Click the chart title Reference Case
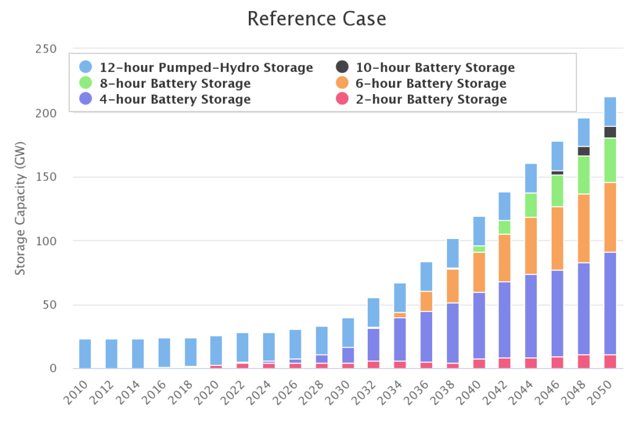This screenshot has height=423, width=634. coord(316,19)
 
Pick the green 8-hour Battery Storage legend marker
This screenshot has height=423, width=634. coord(86,83)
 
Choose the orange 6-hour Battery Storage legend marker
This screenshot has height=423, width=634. coord(342,83)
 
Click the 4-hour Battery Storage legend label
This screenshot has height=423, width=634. coord(175,99)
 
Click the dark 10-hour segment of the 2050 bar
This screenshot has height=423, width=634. coord(610,132)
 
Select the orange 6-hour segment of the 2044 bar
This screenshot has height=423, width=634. coord(531,246)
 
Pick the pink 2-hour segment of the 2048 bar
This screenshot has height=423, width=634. coord(584,361)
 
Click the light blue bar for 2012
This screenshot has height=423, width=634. coord(111,353)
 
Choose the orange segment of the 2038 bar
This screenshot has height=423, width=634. coord(453,286)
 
